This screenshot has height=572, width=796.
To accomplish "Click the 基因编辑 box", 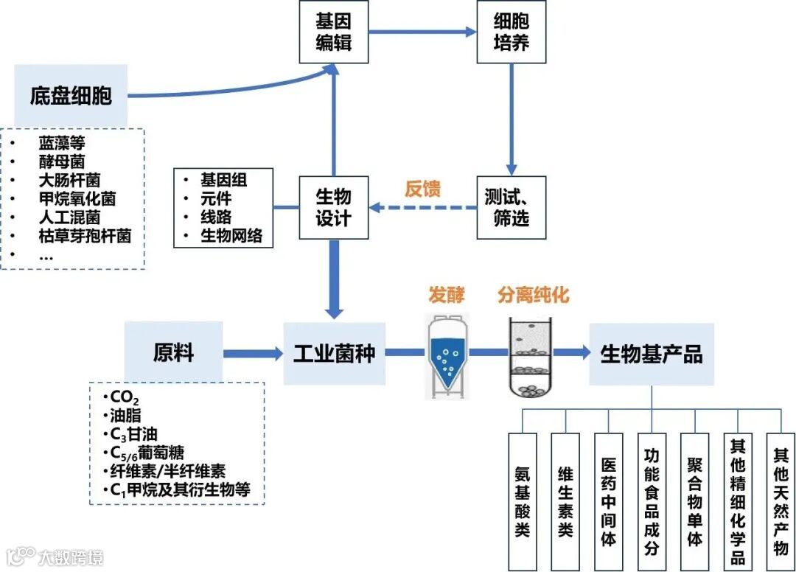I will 334,32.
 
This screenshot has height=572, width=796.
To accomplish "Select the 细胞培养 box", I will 512,32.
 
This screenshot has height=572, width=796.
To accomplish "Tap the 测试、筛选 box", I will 512,207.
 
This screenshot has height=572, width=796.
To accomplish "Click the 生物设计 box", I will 334,207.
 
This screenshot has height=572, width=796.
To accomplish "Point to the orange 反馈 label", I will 422,189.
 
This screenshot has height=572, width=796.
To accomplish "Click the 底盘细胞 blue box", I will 71,95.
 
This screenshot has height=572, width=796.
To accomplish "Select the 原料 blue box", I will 173,352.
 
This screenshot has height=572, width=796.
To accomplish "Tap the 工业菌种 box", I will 334,352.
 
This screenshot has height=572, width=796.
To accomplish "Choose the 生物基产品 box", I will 652,354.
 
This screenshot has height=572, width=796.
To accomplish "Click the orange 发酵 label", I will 447,296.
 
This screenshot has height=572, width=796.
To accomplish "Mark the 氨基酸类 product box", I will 523,501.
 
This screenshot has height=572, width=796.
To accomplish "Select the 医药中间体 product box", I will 609,501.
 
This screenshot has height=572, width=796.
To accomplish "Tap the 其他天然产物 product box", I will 781,501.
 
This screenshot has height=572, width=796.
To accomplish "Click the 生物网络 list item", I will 231,237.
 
